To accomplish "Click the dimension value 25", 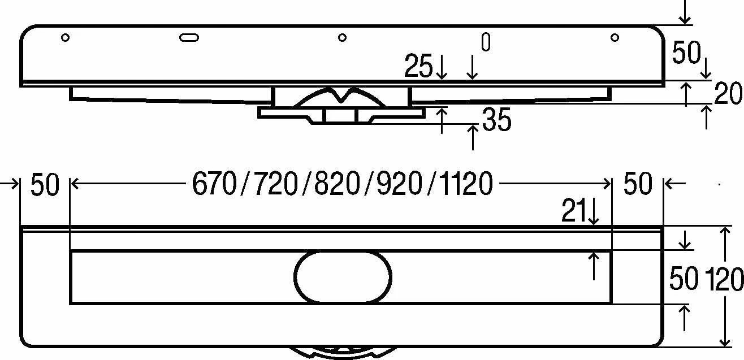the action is (x=418, y=66).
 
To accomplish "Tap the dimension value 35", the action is (x=496, y=119).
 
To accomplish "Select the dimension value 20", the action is (x=728, y=93).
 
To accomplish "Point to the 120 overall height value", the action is (x=724, y=279).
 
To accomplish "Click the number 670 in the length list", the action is (x=215, y=184).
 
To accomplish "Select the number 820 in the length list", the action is (x=338, y=184).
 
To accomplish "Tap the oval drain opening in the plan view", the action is (x=343, y=277).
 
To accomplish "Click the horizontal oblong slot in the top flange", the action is (x=189, y=37).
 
